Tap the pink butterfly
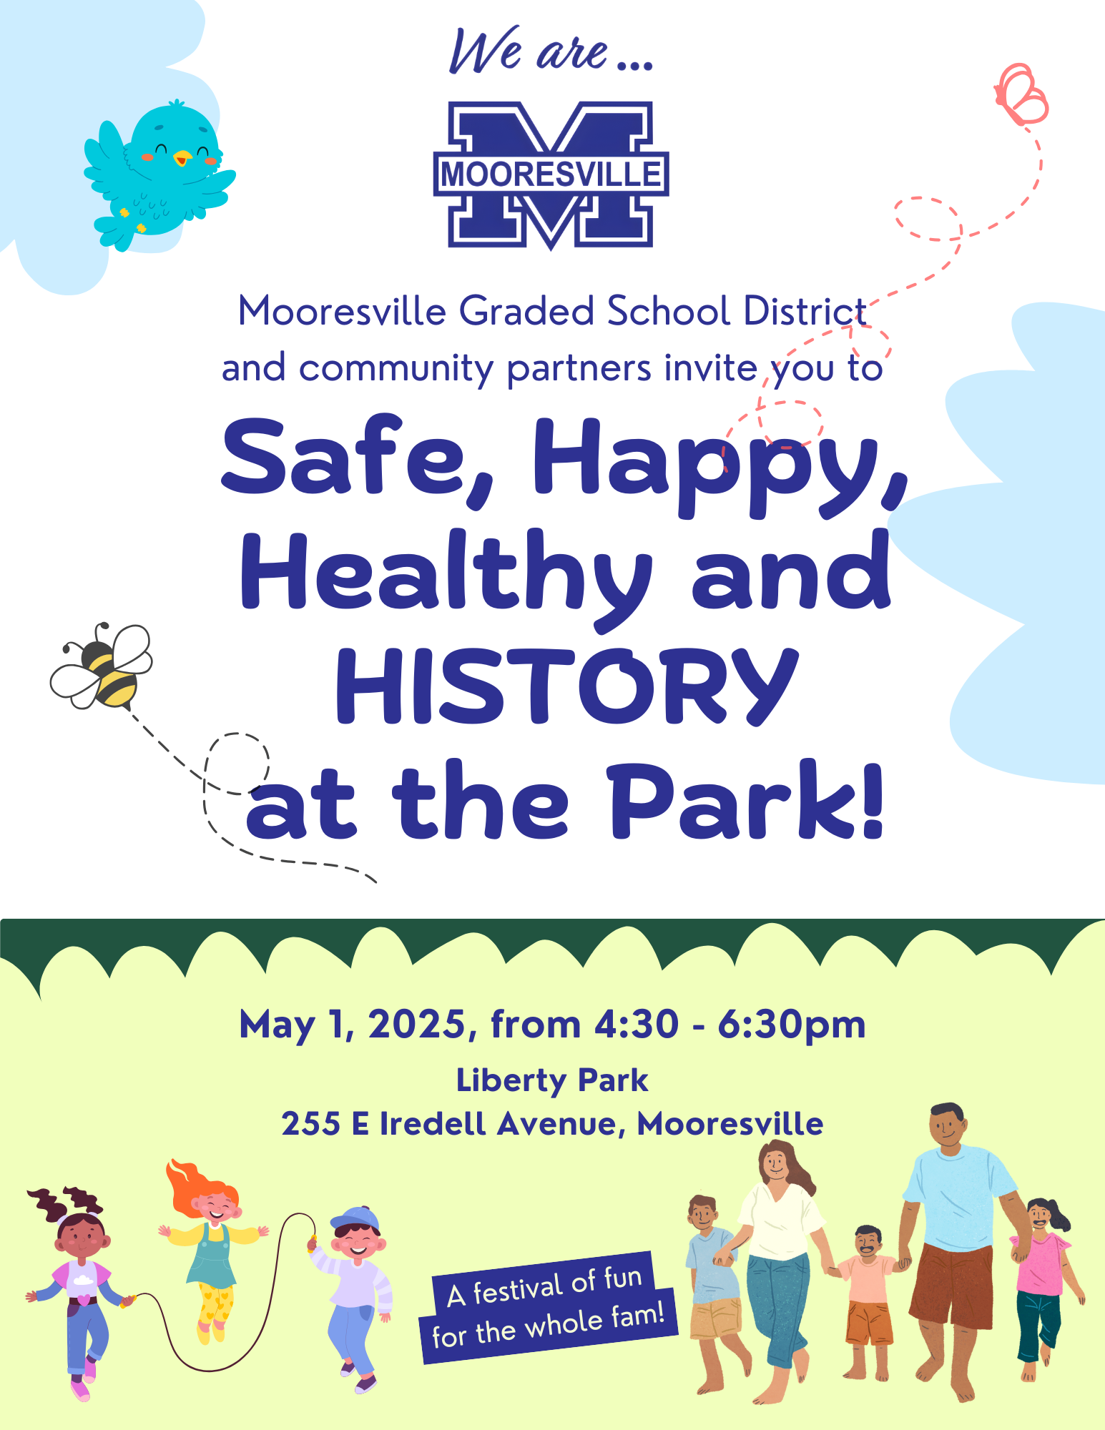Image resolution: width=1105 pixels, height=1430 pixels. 1021,95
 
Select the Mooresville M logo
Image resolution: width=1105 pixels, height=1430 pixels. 551,175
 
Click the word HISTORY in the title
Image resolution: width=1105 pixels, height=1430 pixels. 567,686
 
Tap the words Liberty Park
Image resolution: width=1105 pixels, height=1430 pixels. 552,1080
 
